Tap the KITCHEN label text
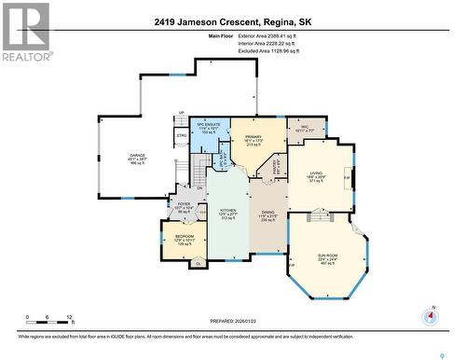point(228,211)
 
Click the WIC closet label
point(304,127)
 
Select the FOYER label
point(185,203)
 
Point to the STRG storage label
point(181,135)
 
